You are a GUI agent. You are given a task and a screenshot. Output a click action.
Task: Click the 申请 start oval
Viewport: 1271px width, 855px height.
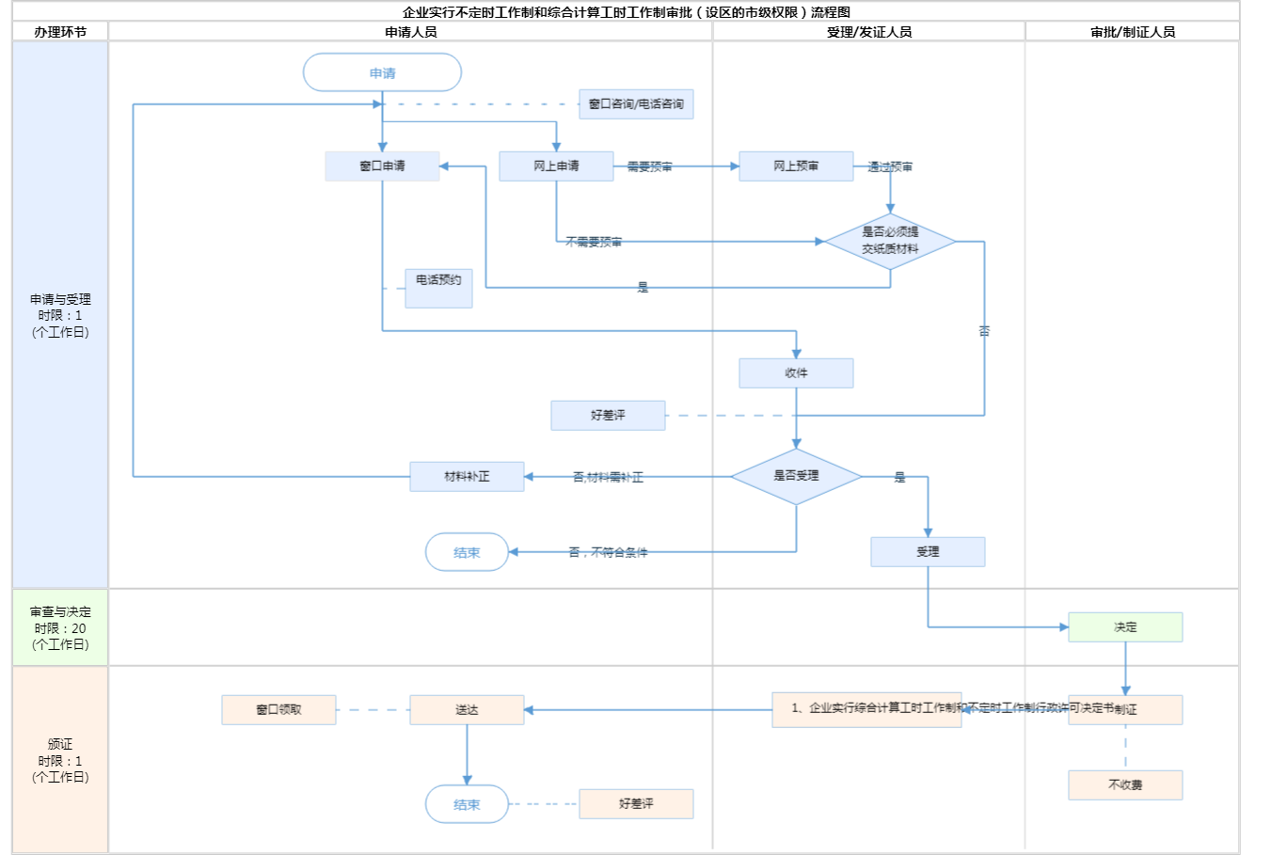(x=382, y=72)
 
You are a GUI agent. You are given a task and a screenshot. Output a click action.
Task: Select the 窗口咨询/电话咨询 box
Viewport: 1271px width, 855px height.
(x=636, y=103)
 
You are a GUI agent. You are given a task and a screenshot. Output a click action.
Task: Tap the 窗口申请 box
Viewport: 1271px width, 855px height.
(x=382, y=166)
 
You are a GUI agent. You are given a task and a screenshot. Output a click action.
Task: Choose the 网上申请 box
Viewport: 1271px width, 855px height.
(x=556, y=166)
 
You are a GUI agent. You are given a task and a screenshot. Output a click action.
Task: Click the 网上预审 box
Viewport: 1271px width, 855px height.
(x=796, y=166)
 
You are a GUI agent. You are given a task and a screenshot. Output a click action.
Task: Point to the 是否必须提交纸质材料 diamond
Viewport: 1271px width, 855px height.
(x=890, y=241)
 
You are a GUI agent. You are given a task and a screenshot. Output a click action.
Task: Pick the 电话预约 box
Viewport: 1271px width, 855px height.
(x=438, y=287)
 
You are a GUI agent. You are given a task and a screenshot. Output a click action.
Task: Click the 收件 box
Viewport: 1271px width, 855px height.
(x=796, y=372)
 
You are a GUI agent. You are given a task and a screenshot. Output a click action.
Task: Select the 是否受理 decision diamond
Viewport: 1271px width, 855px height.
(x=796, y=476)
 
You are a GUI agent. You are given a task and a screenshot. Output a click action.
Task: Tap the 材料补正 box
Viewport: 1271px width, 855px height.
(x=467, y=476)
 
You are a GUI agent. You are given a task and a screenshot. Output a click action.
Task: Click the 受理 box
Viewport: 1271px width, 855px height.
(x=928, y=551)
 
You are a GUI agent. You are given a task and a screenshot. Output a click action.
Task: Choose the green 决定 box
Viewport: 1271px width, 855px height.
(x=1125, y=626)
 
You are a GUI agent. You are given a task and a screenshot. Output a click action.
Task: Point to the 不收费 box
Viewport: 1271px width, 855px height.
(x=1125, y=784)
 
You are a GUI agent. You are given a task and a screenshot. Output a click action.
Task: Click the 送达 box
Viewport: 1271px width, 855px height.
(x=467, y=709)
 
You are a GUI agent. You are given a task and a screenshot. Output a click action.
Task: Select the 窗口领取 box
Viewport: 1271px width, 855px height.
(x=278, y=709)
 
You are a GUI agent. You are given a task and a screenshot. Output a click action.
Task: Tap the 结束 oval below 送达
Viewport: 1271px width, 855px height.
(x=467, y=804)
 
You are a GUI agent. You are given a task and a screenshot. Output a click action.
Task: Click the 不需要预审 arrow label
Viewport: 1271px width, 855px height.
(x=594, y=242)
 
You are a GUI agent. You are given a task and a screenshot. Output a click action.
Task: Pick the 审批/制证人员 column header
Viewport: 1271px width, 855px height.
(x=1133, y=32)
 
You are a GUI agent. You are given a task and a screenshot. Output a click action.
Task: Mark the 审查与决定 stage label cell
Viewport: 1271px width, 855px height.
(x=60, y=627)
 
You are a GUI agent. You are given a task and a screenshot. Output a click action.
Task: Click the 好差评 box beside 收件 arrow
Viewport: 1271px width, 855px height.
(x=608, y=415)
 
